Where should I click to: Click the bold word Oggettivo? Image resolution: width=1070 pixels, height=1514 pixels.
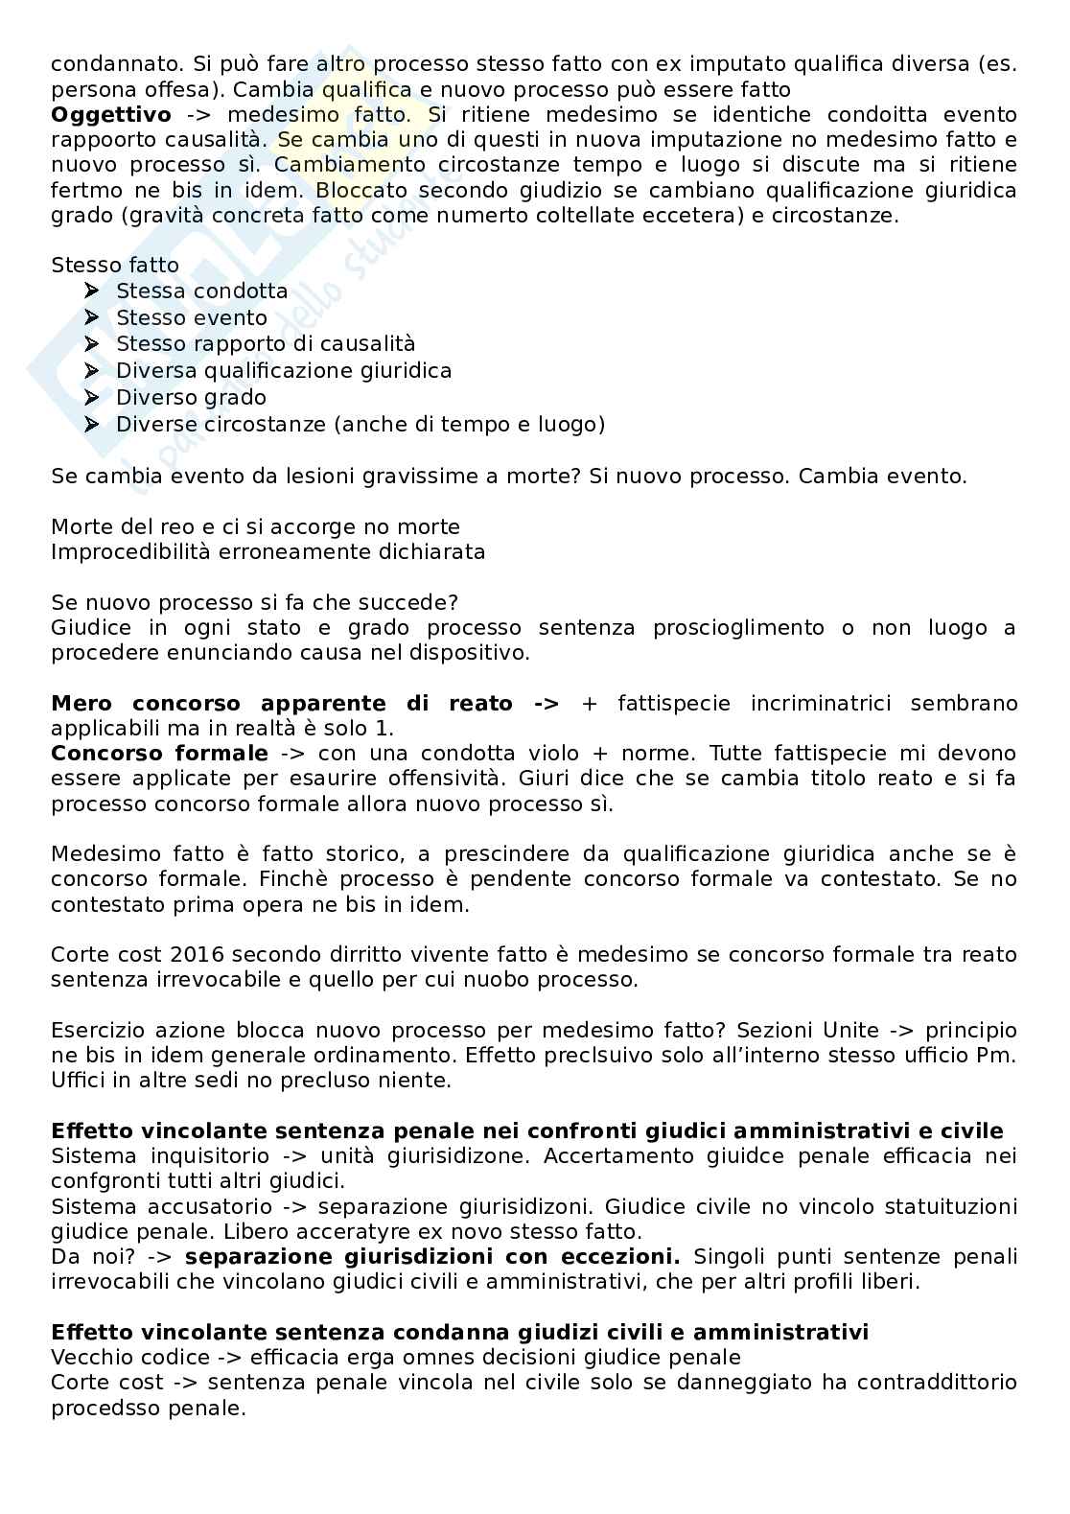click(110, 115)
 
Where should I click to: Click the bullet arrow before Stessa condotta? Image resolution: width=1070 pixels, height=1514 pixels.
click(92, 290)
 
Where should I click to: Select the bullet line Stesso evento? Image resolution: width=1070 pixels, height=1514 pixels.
click(191, 317)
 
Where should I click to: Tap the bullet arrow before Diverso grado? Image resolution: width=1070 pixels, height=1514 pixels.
click(92, 397)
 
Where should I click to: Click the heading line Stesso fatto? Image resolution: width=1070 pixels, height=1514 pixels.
click(115, 265)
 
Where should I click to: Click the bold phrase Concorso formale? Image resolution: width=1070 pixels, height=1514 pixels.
click(159, 754)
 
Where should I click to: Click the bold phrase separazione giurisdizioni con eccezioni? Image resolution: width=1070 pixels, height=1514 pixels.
click(432, 1257)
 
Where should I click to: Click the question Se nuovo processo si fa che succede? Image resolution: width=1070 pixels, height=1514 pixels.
click(254, 602)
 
